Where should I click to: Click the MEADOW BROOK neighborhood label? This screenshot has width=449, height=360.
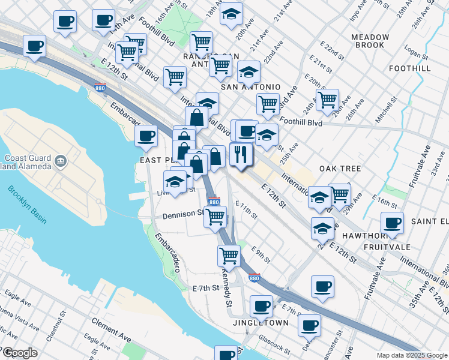tap(370, 41)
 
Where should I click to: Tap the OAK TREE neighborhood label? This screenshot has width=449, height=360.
tap(340, 169)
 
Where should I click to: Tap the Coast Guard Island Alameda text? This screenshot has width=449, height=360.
tap(28, 162)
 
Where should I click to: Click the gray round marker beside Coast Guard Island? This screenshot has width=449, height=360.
tap(60, 160)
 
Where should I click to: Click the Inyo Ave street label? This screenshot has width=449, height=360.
tap(358, 10)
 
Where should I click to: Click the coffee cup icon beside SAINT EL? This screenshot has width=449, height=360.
tap(392, 223)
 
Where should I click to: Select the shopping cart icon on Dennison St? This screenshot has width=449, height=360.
tap(214, 215)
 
